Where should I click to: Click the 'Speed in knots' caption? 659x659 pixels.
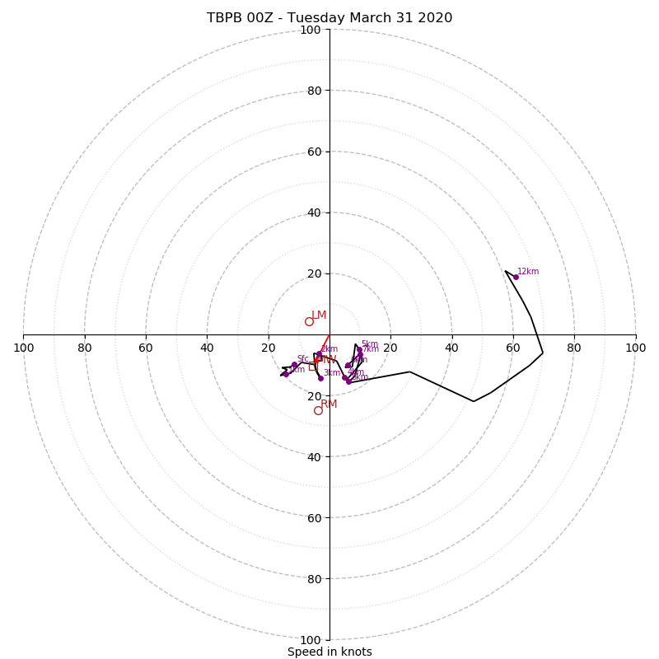[x=329, y=652]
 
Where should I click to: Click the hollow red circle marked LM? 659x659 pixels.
[x=309, y=321]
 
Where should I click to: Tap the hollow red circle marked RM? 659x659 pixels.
[x=318, y=410]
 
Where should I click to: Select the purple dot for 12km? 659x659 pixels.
[x=516, y=277]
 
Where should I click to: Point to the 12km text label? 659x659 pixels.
[x=528, y=271]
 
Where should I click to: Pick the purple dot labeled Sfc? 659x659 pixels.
[x=294, y=365]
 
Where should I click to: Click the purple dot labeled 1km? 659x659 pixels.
[x=286, y=374]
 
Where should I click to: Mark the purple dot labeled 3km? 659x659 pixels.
[x=320, y=378]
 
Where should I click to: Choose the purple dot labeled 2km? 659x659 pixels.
[x=320, y=354]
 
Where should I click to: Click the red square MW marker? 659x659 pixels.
[x=315, y=360]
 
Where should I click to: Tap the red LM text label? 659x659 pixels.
[x=319, y=315]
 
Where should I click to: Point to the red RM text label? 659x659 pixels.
[x=329, y=404]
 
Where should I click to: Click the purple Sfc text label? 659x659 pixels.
[x=302, y=358]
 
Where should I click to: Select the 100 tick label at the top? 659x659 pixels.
[x=311, y=30]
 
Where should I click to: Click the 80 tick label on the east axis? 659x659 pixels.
[x=574, y=348]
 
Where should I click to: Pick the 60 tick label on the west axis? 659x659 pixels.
[x=146, y=348]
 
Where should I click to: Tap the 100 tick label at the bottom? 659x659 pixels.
[x=311, y=640]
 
